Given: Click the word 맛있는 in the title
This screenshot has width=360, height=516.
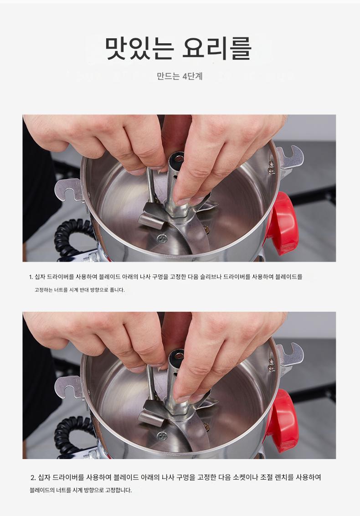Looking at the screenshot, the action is pos(139,48).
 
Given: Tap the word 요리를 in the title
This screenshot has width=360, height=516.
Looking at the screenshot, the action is pos(217,48).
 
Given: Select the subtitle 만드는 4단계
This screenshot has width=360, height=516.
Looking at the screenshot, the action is pos(180,76).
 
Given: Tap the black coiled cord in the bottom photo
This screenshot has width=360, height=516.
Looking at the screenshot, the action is pos(73,434).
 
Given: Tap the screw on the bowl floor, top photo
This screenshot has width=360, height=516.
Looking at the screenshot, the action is pos(161,239).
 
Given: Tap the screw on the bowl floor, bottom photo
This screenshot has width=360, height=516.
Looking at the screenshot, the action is pos(161,436).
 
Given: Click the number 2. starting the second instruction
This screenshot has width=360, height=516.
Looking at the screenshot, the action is pos(33,478).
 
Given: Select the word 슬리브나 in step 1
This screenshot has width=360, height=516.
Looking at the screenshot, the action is pos(211,277).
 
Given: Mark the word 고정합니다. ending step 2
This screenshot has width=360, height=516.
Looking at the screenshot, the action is pos(118,490).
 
